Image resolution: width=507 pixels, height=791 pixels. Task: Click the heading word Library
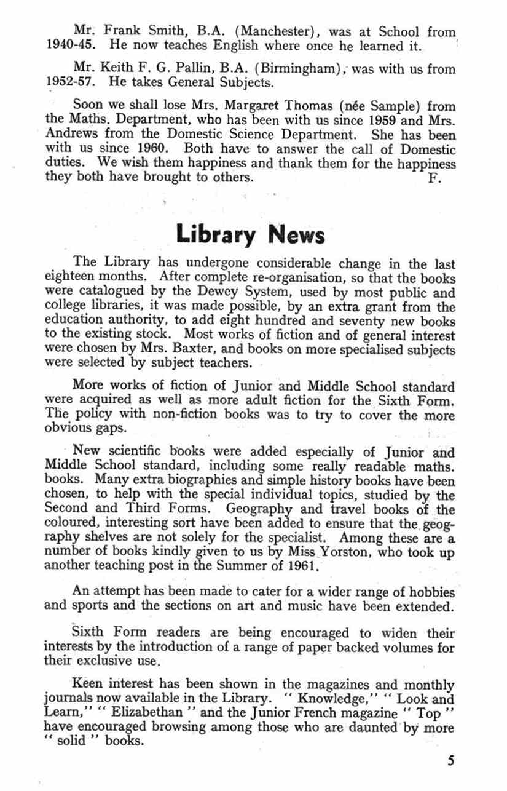pos(218,234)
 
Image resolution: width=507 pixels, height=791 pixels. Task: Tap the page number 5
pos(451,760)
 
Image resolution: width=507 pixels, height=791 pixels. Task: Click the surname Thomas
pos(301,106)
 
